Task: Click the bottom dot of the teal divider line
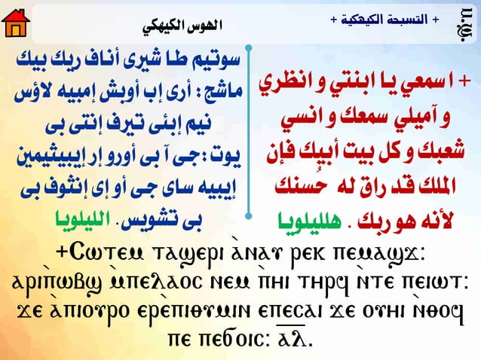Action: pos(248,217)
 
